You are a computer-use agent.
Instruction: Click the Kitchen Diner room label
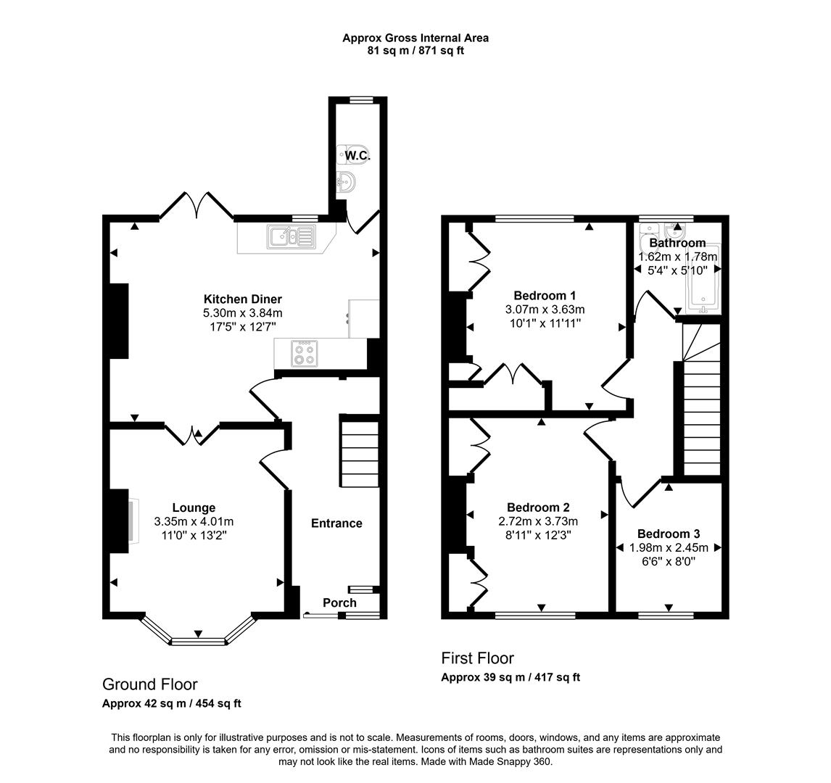click(242, 299)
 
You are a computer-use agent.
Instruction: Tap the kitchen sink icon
click(291, 236)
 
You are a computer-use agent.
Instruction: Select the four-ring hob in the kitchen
click(303, 353)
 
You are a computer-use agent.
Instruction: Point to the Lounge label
click(194, 507)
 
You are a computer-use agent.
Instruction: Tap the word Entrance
click(336, 523)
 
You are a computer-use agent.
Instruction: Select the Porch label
click(339, 602)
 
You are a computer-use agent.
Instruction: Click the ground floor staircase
click(360, 451)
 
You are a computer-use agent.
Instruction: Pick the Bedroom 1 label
click(545, 295)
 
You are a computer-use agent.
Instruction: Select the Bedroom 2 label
click(538, 507)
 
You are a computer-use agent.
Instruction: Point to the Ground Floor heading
click(149, 684)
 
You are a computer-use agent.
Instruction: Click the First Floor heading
click(477, 658)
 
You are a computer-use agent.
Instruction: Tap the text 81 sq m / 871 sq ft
click(415, 51)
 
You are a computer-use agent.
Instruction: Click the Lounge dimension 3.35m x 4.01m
click(194, 521)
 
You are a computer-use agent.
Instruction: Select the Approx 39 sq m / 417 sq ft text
click(510, 677)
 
